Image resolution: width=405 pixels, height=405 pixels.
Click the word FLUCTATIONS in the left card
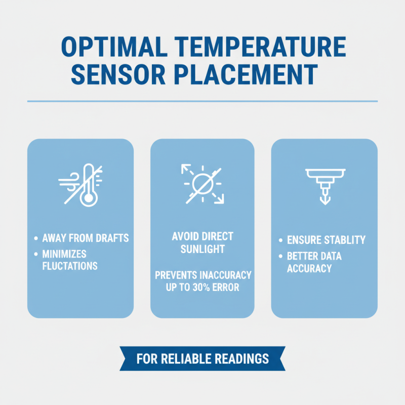[x=70, y=266]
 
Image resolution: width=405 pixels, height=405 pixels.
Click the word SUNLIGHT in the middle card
[x=202, y=250]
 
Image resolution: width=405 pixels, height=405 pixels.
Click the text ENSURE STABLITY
[x=326, y=240]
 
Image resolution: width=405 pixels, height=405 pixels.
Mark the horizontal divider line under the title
[x=202, y=101]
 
